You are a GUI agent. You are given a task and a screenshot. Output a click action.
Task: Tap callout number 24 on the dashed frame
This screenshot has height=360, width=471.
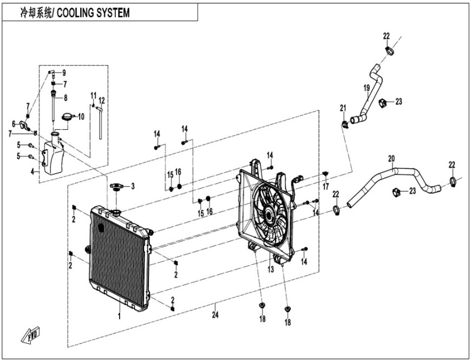point(215,314)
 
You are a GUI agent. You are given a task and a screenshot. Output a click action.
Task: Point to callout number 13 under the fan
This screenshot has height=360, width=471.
point(269,269)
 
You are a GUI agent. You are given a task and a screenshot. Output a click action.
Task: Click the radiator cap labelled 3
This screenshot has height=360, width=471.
point(116,187)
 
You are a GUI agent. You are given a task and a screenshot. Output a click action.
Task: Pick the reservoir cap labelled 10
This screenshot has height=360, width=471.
point(68,117)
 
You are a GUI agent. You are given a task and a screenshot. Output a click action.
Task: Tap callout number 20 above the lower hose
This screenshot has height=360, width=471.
point(391,159)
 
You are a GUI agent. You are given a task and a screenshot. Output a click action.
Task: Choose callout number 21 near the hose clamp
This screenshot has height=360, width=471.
point(343,108)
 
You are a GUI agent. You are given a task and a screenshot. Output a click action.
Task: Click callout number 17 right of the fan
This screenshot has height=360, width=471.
point(326,186)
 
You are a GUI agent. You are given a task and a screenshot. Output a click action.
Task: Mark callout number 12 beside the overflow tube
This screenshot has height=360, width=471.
point(102,101)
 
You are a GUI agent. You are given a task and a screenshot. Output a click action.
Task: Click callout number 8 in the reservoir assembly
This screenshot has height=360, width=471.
point(65,98)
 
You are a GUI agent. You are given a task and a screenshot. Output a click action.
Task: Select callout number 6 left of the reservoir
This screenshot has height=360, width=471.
point(14,123)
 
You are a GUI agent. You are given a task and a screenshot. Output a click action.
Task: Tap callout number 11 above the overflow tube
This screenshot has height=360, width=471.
point(93,95)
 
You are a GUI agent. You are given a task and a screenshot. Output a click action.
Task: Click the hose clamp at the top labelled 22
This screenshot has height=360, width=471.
point(389,51)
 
